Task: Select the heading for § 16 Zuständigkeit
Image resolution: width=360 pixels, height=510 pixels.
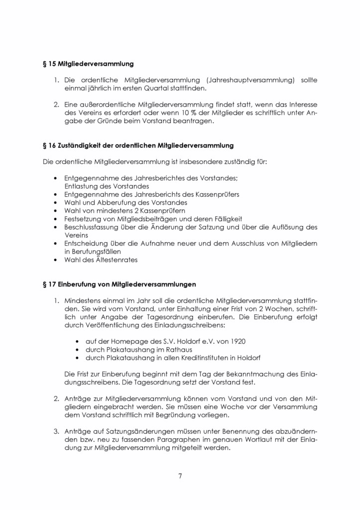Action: click(137, 145)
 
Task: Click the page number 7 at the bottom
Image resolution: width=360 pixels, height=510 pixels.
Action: click(180, 476)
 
